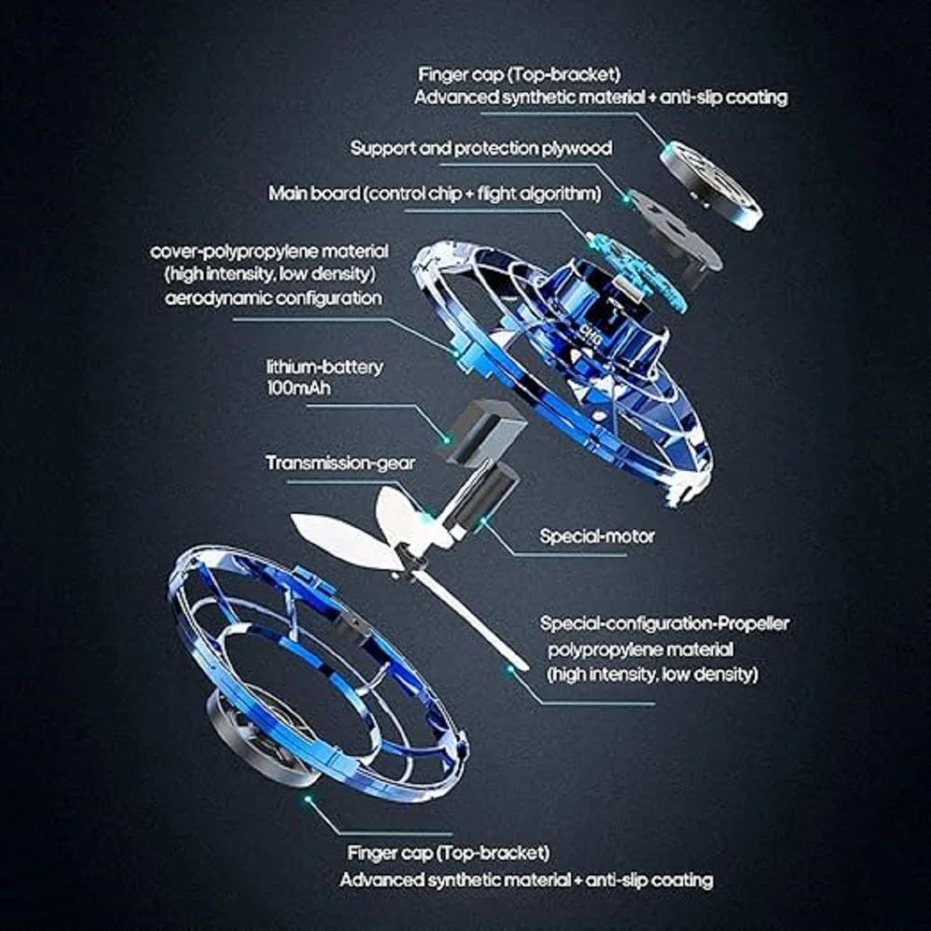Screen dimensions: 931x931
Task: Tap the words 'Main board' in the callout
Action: [313, 194]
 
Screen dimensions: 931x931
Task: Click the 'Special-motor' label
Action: [597, 536]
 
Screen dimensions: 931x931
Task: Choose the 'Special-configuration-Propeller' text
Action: [664, 623]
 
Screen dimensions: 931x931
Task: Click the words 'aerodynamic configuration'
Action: [274, 298]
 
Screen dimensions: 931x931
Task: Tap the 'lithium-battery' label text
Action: [324, 367]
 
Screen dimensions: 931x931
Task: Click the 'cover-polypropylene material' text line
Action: [269, 252]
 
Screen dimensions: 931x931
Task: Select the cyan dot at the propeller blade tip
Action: [508, 667]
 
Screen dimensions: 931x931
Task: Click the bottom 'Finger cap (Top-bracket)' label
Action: [448, 852]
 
